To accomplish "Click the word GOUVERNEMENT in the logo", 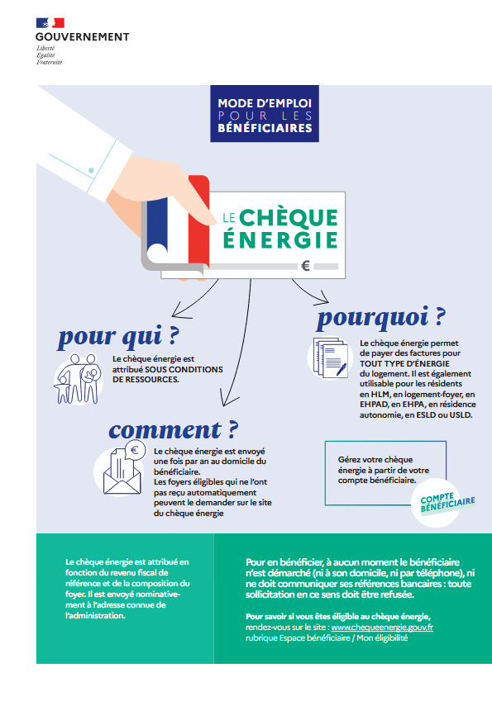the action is click(x=83, y=36).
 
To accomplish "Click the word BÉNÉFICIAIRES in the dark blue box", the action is click(x=265, y=128).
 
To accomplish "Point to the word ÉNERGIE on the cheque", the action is click(x=280, y=239).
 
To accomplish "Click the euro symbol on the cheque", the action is click(x=306, y=266).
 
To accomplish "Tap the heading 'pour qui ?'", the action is click(x=119, y=337).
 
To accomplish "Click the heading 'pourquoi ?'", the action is click(x=382, y=316).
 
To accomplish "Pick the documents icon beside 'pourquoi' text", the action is click(x=329, y=358).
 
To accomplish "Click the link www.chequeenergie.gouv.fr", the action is click(x=382, y=628).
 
